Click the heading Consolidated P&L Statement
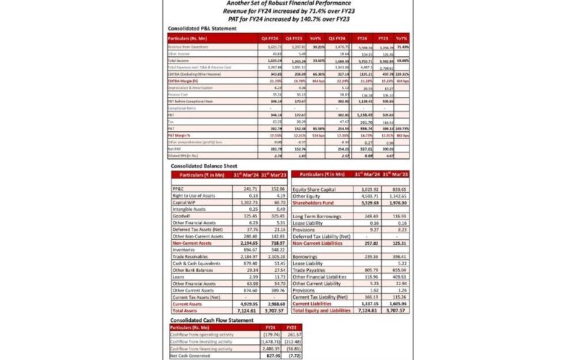coord(202,27)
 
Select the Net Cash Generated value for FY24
coord(272,356)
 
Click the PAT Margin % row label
coord(184,135)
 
